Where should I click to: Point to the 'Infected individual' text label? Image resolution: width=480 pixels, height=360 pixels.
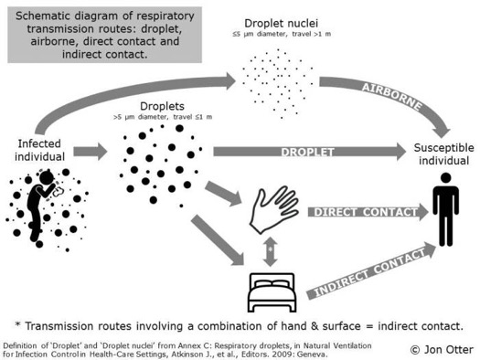(41, 149)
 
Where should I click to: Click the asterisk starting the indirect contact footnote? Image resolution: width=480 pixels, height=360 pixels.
(19, 324)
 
